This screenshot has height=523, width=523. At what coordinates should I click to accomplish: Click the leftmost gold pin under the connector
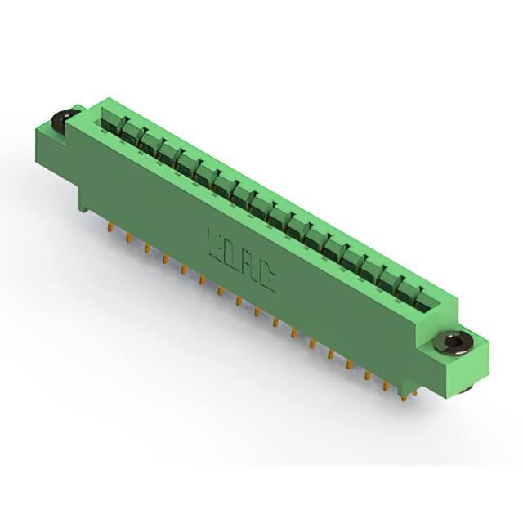(110, 227)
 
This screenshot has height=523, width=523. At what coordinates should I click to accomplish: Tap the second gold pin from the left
(127, 237)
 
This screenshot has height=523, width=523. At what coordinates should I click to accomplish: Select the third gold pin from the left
(146, 248)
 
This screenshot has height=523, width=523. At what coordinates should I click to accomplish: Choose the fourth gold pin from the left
(165, 258)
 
